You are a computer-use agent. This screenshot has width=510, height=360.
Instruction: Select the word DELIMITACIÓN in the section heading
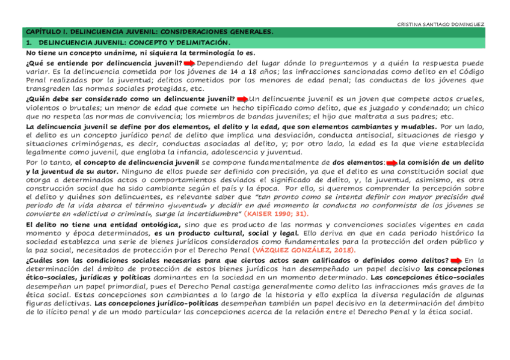pyautogui.click(x=200, y=42)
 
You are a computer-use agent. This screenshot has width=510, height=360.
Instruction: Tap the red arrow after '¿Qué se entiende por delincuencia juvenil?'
pyautogui.click(x=189, y=63)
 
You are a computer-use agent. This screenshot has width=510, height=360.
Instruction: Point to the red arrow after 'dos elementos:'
pyautogui.click(x=392, y=162)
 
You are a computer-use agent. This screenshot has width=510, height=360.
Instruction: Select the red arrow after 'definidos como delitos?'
pyautogui.click(x=456, y=260)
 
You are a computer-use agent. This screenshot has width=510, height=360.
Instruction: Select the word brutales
pyautogui.click(x=73, y=108)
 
